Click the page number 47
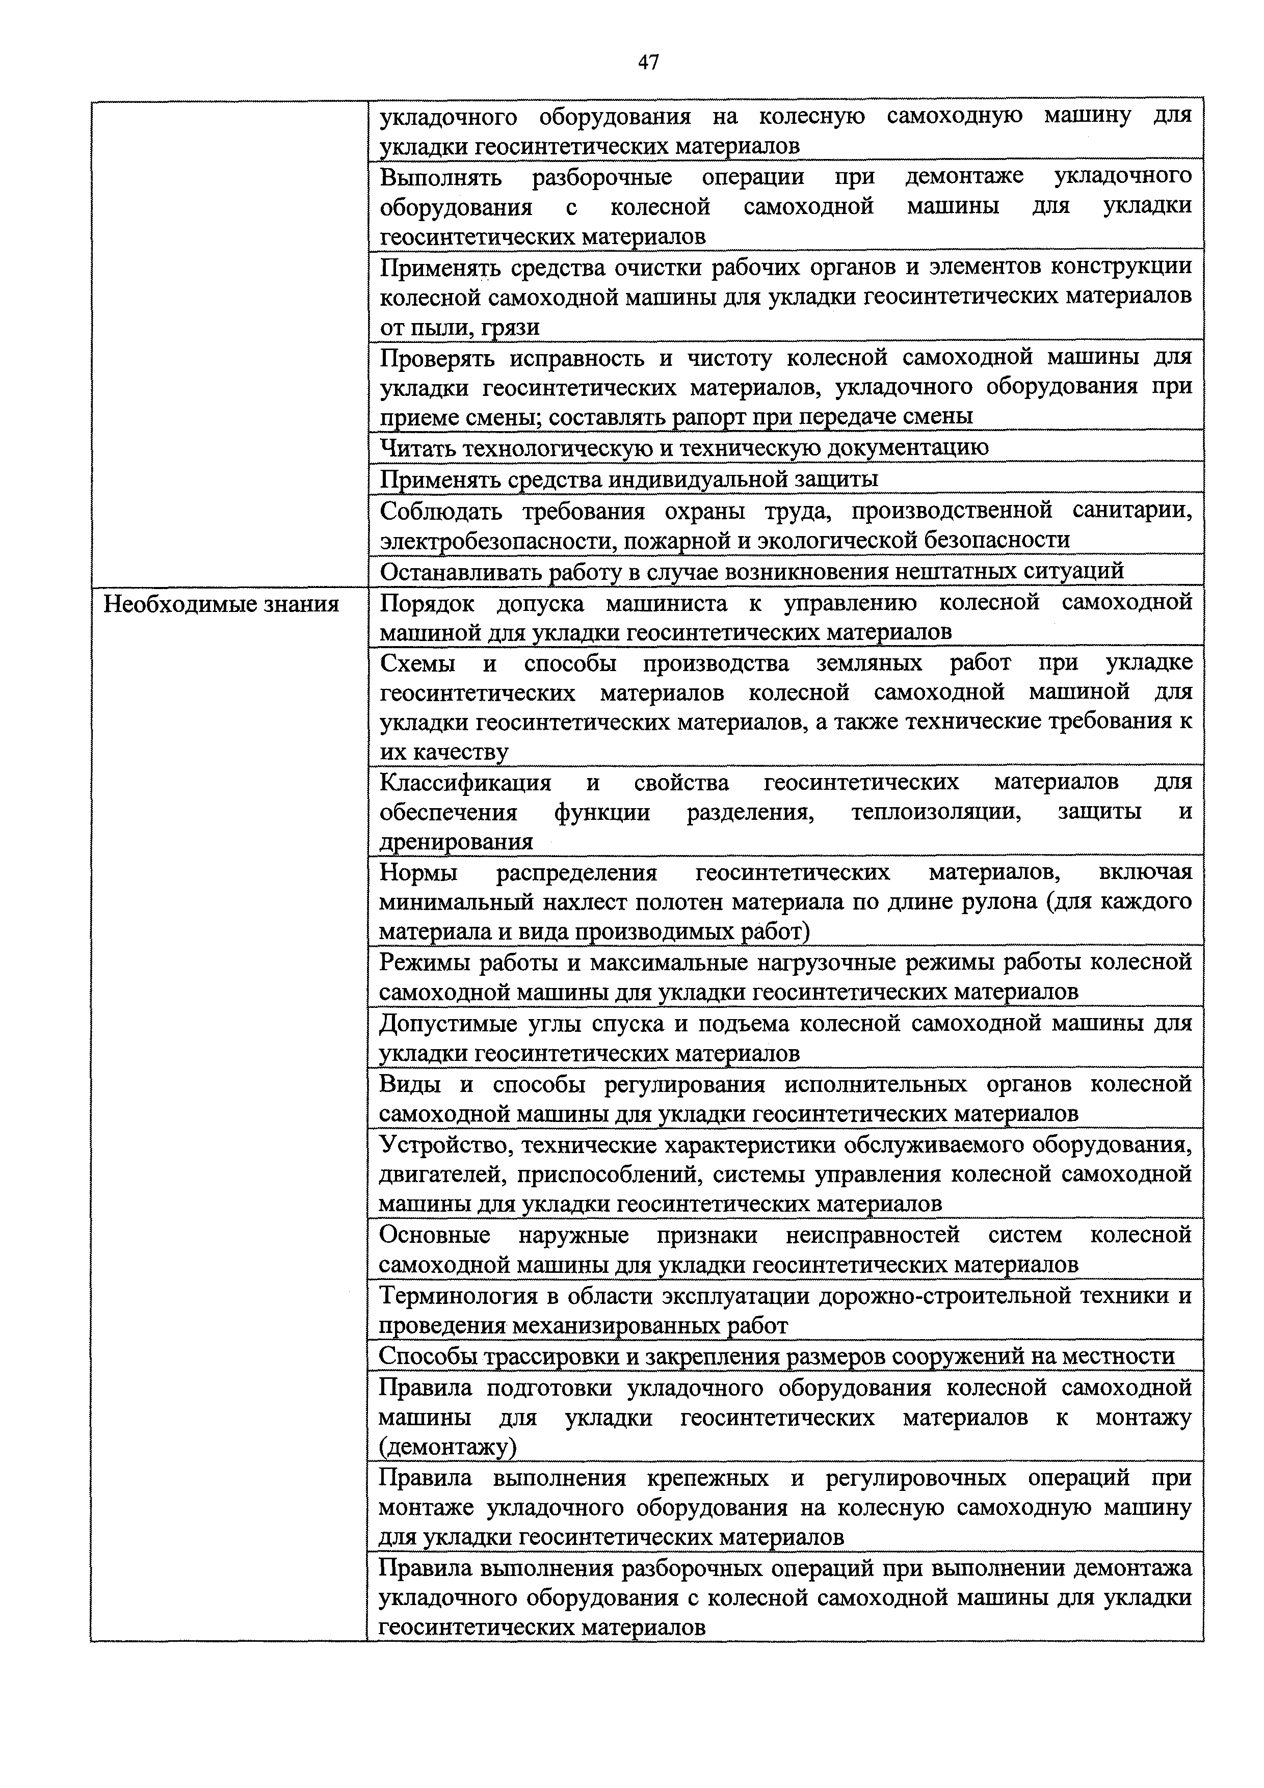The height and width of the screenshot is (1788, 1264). pos(648,62)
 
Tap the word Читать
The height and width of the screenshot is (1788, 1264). pos(416,448)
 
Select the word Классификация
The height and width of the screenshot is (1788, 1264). pos(465,782)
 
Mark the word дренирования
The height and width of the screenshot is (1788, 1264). pos(456,842)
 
